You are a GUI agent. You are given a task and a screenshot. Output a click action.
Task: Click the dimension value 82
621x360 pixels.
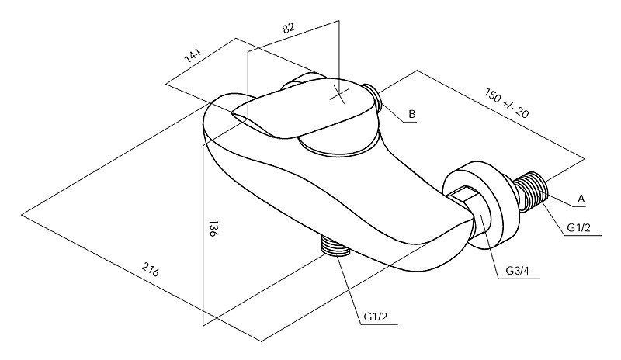click(x=288, y=29)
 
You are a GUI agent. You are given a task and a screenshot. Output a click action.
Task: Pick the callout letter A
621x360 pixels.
click(x=580, y=199)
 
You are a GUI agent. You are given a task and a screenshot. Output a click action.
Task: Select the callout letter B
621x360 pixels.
click(x=412, y=115)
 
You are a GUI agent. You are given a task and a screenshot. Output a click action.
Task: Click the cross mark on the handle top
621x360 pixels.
click(x=339, y=95)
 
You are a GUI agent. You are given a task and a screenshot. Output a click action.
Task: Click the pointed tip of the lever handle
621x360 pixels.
click(x=232, y=113)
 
